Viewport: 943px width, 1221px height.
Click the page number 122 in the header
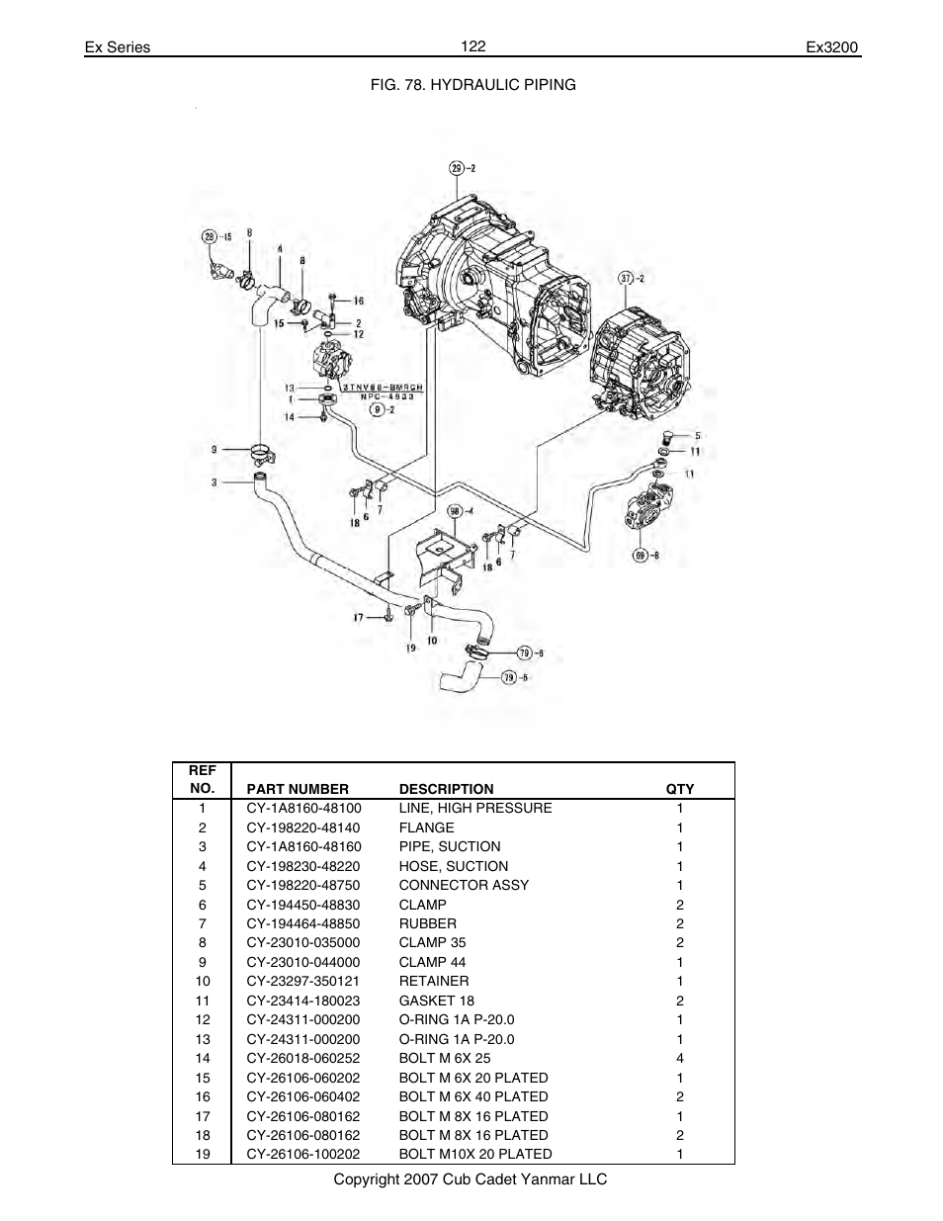pos(472,46)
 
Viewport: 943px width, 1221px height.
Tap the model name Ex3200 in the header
pos(833,47)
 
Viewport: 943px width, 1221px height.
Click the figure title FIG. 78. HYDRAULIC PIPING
pos(472,85)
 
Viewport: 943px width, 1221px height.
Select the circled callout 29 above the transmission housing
pos(457,168)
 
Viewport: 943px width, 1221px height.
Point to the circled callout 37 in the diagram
pos(625,277)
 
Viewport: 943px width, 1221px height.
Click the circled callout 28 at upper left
pos(209,236)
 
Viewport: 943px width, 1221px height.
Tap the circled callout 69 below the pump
pos(641,556)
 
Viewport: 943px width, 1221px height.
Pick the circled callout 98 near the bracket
pos(456,511)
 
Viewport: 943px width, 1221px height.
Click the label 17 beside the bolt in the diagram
pos(359,618)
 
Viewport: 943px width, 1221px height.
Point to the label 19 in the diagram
pos(409,649)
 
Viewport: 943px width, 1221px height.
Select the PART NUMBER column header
pos(298,789)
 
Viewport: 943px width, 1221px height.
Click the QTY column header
pos(680,789)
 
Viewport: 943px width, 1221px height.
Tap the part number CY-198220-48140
pos(303,828)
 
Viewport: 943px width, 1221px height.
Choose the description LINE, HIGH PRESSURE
pos(475,808)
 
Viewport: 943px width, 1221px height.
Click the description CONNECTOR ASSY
pos(464,885)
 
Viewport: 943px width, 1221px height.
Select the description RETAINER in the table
pos(434,981)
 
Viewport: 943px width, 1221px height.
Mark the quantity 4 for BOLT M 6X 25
pos(680,1058)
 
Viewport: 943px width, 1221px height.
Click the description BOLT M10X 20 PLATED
pos(475,1154)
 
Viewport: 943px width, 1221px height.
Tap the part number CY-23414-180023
pos(303,1001)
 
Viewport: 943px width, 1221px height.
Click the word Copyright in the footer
pos(365,1179)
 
